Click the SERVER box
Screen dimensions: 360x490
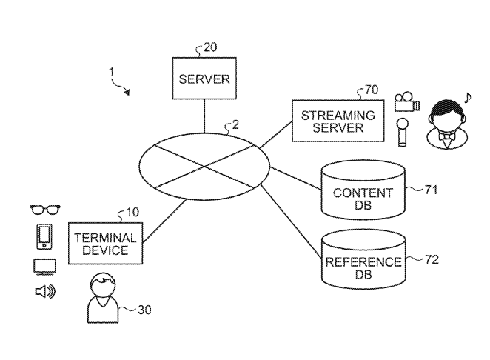204,79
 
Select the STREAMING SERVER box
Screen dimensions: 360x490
338,121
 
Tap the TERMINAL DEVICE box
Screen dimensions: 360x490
106,243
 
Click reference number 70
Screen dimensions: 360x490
371,90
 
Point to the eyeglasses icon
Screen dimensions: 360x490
44,210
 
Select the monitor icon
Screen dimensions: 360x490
44,266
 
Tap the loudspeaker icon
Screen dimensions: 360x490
44,292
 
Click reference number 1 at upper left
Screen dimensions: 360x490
111,73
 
